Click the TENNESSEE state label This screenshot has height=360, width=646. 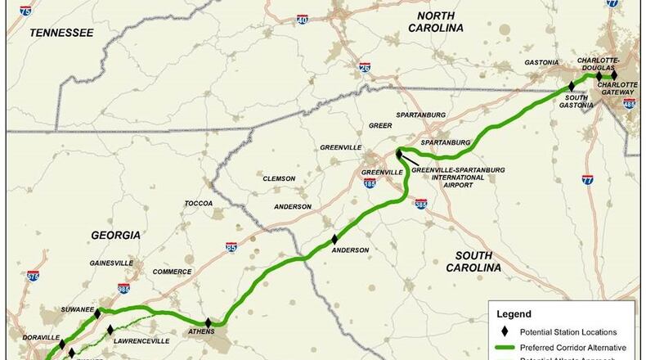[61, 32]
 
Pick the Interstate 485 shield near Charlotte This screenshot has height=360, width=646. [628, 106]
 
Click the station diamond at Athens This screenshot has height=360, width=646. [209, 322]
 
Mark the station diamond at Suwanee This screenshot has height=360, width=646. [97, 313]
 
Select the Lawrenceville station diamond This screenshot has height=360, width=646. [110, 330]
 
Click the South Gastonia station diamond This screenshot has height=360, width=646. [572, 86]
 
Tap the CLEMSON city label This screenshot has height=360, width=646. [278, 178]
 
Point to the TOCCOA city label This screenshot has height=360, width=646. [199, 203]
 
